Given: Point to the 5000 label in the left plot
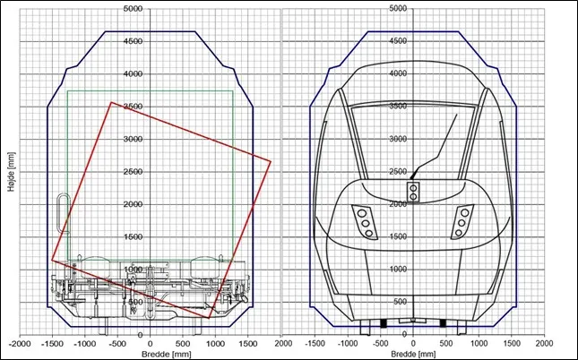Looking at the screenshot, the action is point(132,8).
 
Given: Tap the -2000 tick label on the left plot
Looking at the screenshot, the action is point(20,343).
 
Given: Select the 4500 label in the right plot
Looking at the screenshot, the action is point(398,41).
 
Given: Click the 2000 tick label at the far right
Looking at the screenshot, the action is point(544,343).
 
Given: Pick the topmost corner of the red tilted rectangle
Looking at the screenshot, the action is point(111,102).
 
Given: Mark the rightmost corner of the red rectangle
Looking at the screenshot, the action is point(271,161).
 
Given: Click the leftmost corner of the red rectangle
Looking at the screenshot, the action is point(52,261).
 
